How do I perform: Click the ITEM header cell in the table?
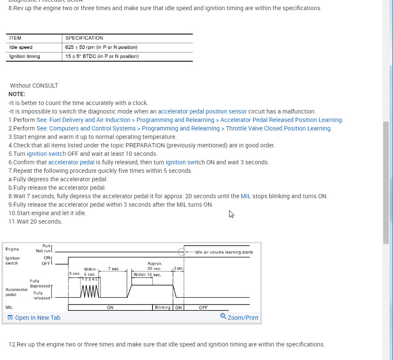(15, 38)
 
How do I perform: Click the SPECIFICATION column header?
(84, 38)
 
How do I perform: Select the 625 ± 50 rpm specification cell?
(101, 47)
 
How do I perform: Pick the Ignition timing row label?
(25, 56)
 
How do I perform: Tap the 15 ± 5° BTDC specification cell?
(102, 56)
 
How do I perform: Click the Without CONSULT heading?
(34, 86)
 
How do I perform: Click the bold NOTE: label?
(17, 94)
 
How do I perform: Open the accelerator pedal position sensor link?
(202, 111)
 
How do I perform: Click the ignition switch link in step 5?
(46, 154)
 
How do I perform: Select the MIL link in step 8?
(246, 196)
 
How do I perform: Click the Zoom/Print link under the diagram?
(239, 318)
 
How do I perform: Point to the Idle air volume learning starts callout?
(224, 252)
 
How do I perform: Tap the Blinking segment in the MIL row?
(163, 307)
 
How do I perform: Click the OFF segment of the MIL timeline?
(203, 307)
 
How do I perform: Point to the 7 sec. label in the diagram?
(114, 269)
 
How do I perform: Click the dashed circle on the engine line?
(182, 252)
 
